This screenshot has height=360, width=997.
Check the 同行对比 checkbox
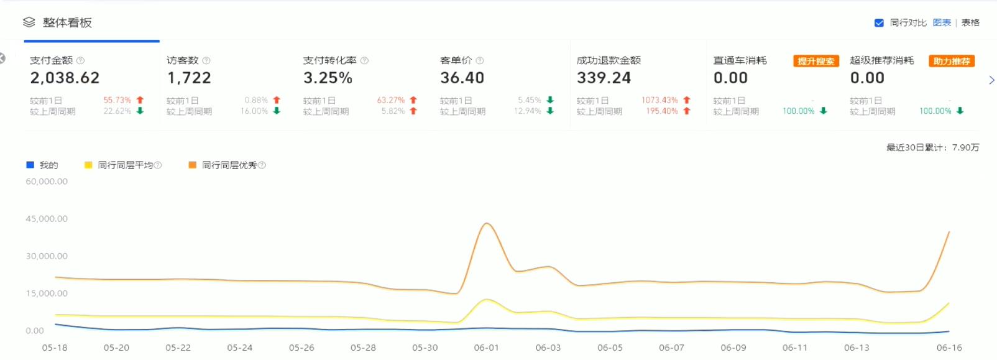(x=879, y=23)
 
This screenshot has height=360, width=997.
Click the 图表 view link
(x=942, y=23)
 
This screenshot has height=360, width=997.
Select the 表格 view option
(x=970, y=23)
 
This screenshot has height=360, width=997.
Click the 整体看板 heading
(x=67, y=23)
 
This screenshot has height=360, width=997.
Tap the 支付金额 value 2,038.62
(x=65, y=78)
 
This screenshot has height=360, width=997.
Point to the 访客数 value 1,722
(x=189, y=78)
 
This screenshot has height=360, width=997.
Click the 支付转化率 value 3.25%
(x=328, y=78)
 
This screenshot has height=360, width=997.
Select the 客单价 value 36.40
(x=462, y=78)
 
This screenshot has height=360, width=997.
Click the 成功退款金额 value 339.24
(x=604, y=78)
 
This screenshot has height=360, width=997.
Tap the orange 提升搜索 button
(x=816, y=61)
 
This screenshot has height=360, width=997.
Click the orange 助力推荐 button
(x=952, y=61)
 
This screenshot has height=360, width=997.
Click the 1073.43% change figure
(x=659, y=100)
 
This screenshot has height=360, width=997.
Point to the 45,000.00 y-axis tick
(x=47, y=219)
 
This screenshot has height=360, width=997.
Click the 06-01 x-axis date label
(x=486, y=348)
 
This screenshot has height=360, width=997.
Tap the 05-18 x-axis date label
(x=55, y=348)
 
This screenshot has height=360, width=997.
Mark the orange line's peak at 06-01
(x=487, y=223)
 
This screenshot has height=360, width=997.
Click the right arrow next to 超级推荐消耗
(x=991, y=80)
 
